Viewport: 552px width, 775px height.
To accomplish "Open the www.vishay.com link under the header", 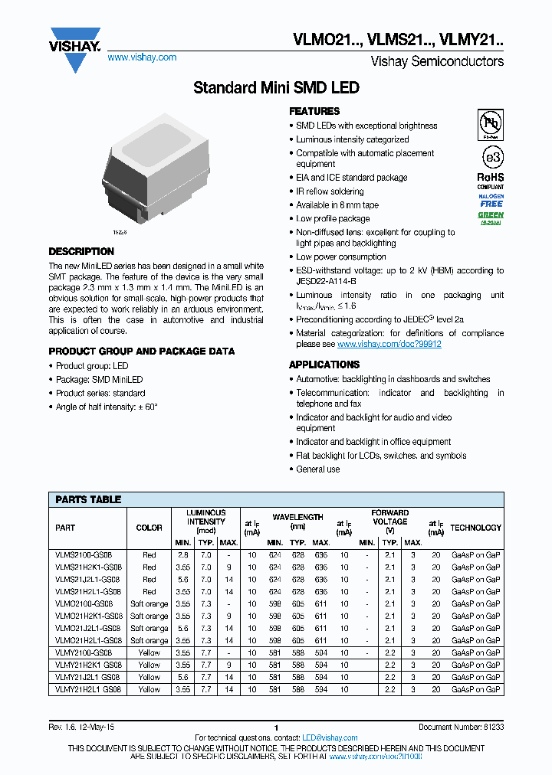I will (x=142, y=57).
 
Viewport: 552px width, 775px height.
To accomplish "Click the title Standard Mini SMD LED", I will (x=276, y=88).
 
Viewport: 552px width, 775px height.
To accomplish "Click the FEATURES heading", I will (x=314, y=111).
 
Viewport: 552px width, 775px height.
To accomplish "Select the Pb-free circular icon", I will (x=491, y=123).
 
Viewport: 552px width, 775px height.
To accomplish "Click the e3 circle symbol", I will (x=491, y=157).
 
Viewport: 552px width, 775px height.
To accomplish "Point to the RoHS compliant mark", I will (x=491, y=180).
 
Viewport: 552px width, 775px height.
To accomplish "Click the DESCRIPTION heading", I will (x=81, y=251).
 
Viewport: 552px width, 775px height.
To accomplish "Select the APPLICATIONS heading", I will (x=324, y=365).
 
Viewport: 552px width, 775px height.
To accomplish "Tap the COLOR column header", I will (x=149, y=528).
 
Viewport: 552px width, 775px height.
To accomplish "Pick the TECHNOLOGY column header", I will (x=475, y=528).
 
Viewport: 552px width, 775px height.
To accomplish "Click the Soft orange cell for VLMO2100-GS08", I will (x=149, y=603).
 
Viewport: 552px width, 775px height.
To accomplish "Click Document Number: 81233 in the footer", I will (x=461, y=726).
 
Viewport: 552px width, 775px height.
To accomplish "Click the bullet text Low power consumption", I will (x=341, y=257).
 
